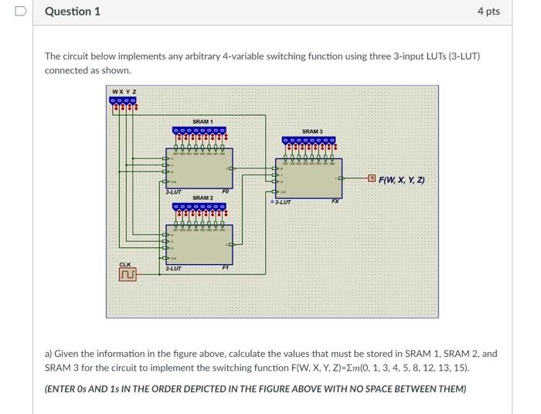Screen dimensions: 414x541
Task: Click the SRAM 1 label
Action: pos(202,122)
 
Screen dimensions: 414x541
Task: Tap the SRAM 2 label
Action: pos(202,199)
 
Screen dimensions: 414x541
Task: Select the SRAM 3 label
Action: pos(312,132)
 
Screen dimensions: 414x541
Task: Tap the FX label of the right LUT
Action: pos(335,202)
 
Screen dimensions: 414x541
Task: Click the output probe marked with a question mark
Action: pos(371,180)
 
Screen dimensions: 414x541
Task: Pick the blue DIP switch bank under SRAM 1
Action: pos(199,131)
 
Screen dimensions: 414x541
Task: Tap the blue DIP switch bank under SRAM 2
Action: pos(199,207)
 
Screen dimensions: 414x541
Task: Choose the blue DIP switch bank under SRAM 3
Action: pos(309,141)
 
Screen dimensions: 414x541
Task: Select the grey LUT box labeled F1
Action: pos(199,245)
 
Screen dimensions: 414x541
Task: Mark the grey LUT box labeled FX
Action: pos(309,179)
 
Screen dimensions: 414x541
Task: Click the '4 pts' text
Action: pos(488,12)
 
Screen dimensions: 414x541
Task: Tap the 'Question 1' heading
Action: pos(73,12)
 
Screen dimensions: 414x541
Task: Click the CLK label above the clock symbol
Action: pos(125,265)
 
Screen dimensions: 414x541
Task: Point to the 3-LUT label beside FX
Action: pos(282,202)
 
